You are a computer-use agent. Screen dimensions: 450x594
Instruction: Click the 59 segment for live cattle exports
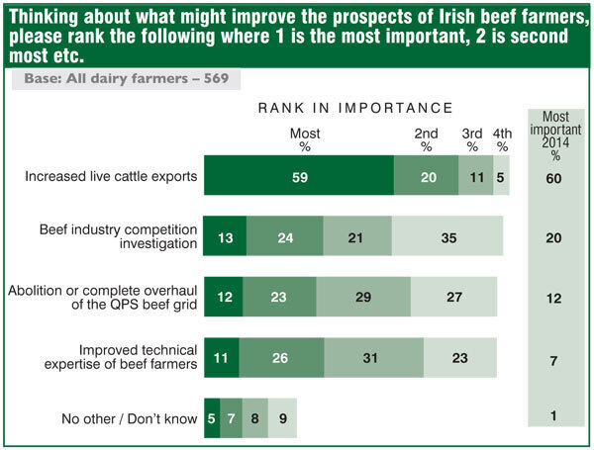tap(298, 177)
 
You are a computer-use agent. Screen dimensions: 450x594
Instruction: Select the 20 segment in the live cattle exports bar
tap(426, 177)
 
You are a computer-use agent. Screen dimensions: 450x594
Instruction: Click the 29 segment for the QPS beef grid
tap(363, 296)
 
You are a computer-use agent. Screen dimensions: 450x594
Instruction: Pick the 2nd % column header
tap(426, 139)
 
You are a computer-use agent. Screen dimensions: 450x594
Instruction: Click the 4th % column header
tap(502, 139)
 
